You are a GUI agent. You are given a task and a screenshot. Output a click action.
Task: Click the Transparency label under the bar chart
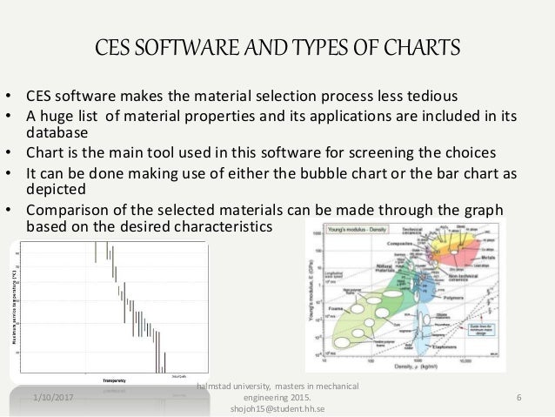tap(114, 380)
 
